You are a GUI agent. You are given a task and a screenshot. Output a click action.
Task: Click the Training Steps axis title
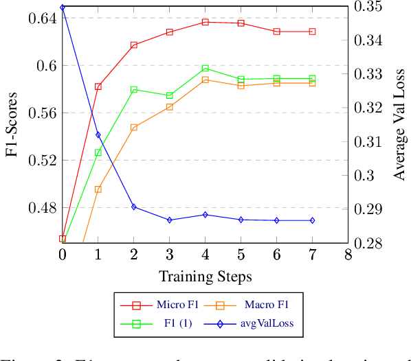coord(205,277)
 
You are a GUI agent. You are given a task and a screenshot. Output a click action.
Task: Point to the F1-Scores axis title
coord(12,125)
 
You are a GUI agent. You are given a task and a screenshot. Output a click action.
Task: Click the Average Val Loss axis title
coord(399,125)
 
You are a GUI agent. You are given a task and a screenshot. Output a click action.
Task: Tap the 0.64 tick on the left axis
coord(43,18)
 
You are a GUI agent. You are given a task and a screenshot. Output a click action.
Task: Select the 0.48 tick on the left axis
coord(43,207)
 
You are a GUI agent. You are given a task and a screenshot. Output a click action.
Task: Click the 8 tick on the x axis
coord(348,255)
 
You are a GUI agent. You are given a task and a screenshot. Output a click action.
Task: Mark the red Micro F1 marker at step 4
coord(205,22)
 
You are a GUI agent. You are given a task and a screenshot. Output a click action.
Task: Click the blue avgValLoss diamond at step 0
coord(63,8)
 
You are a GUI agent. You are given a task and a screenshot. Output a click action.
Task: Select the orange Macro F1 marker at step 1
coord(98,189)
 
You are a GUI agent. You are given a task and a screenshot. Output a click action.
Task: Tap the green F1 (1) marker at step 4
coord(205,69)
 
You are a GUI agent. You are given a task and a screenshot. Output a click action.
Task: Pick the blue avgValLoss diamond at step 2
coord(134,207)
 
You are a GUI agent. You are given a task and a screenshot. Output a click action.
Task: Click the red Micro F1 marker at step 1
coord(98,86)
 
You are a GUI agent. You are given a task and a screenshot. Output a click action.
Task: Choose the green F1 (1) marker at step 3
coord(170,95)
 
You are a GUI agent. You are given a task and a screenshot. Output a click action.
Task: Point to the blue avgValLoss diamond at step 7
coord(313,220)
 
